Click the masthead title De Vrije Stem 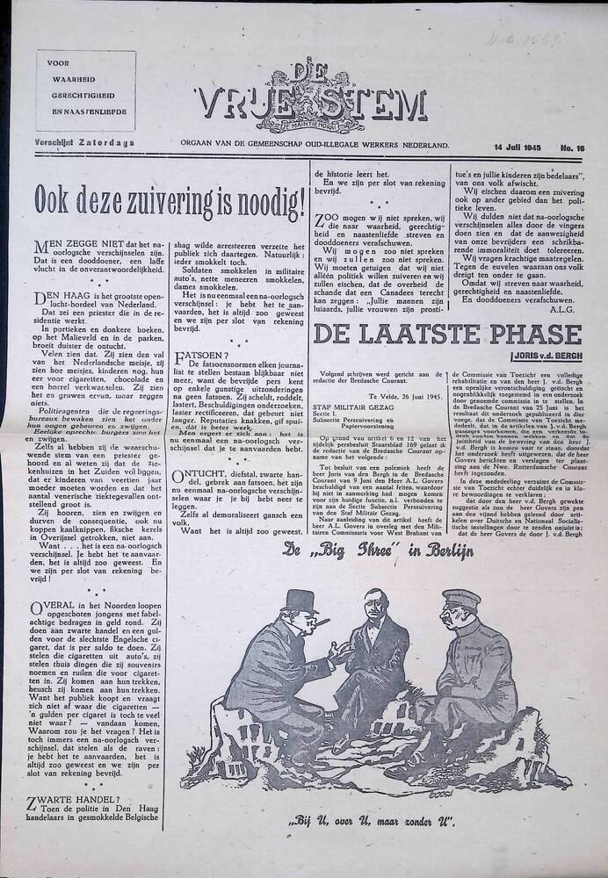tap(315, 104)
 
